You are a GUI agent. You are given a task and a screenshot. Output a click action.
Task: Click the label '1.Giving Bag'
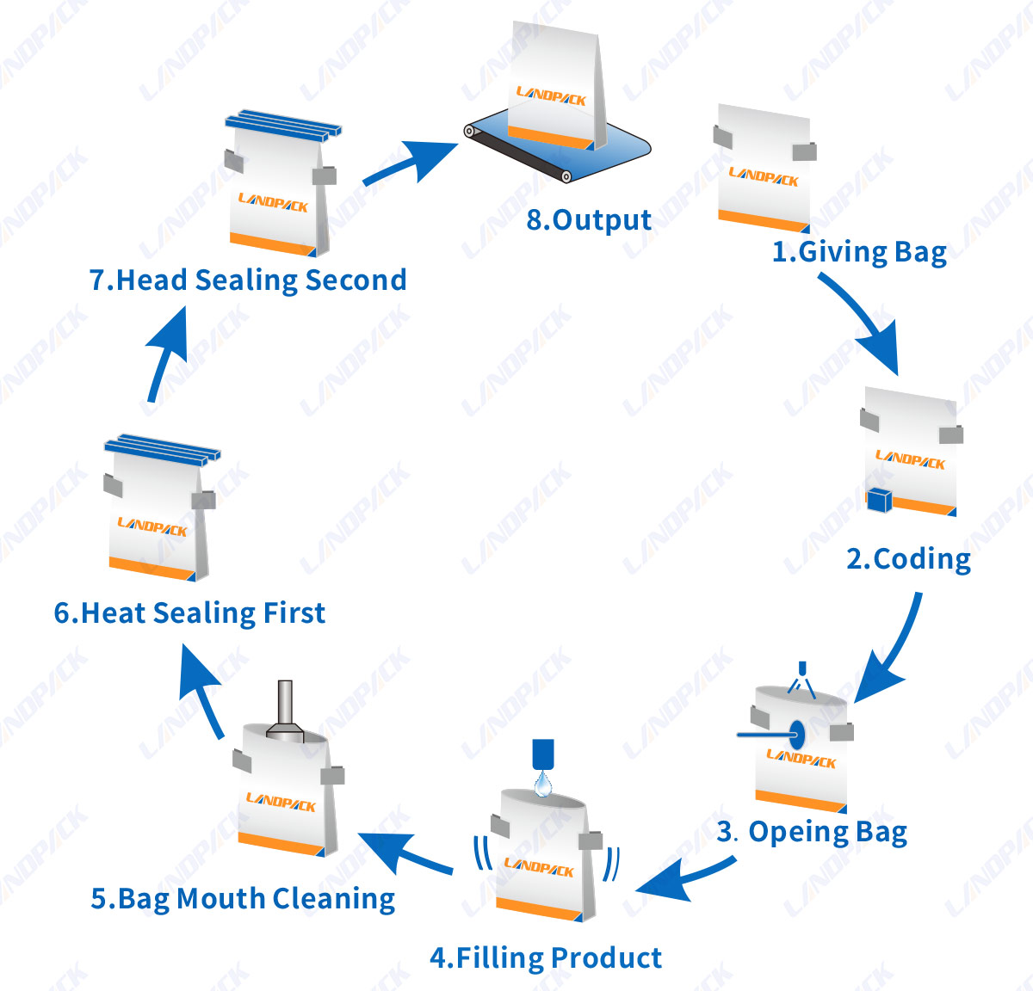pyautogui.click(x=858, y=252)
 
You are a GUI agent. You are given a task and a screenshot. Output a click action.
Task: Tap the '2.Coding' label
pyautogui.click(x=908, y=559)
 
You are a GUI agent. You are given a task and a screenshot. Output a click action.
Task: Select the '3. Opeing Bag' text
pyautogui.click(x=812, y=832)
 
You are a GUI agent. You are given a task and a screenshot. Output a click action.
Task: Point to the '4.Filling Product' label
pyautogui.click(x=546, y=957)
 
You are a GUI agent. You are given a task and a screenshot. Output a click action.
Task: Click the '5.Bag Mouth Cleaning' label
pyautogui.click(x=243, y=899)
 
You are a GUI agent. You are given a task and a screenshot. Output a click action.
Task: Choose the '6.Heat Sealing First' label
pyautogui.click(x=189, y=612)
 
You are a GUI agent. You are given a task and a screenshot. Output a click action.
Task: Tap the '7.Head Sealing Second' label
pyautogui.click(x=248, y=280)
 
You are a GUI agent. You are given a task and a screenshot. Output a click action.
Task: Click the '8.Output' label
pyautogui.click(x=589, y=219)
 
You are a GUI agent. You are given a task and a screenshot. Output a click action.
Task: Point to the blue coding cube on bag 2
pyautogui.click(x=879, y=500)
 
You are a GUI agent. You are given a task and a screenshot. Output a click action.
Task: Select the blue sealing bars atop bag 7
pyautogui.click(x=284, y=126)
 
